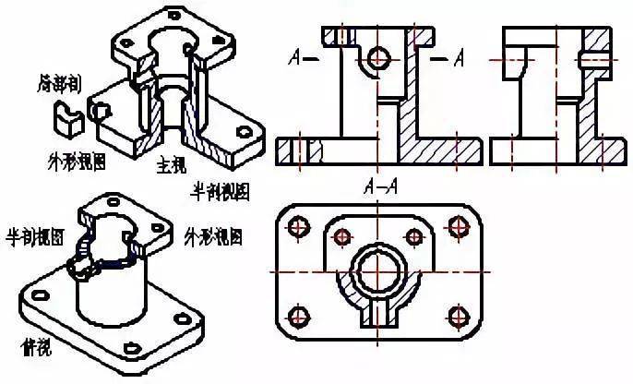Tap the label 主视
pos(171,169)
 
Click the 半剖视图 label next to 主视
pos(220,192)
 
